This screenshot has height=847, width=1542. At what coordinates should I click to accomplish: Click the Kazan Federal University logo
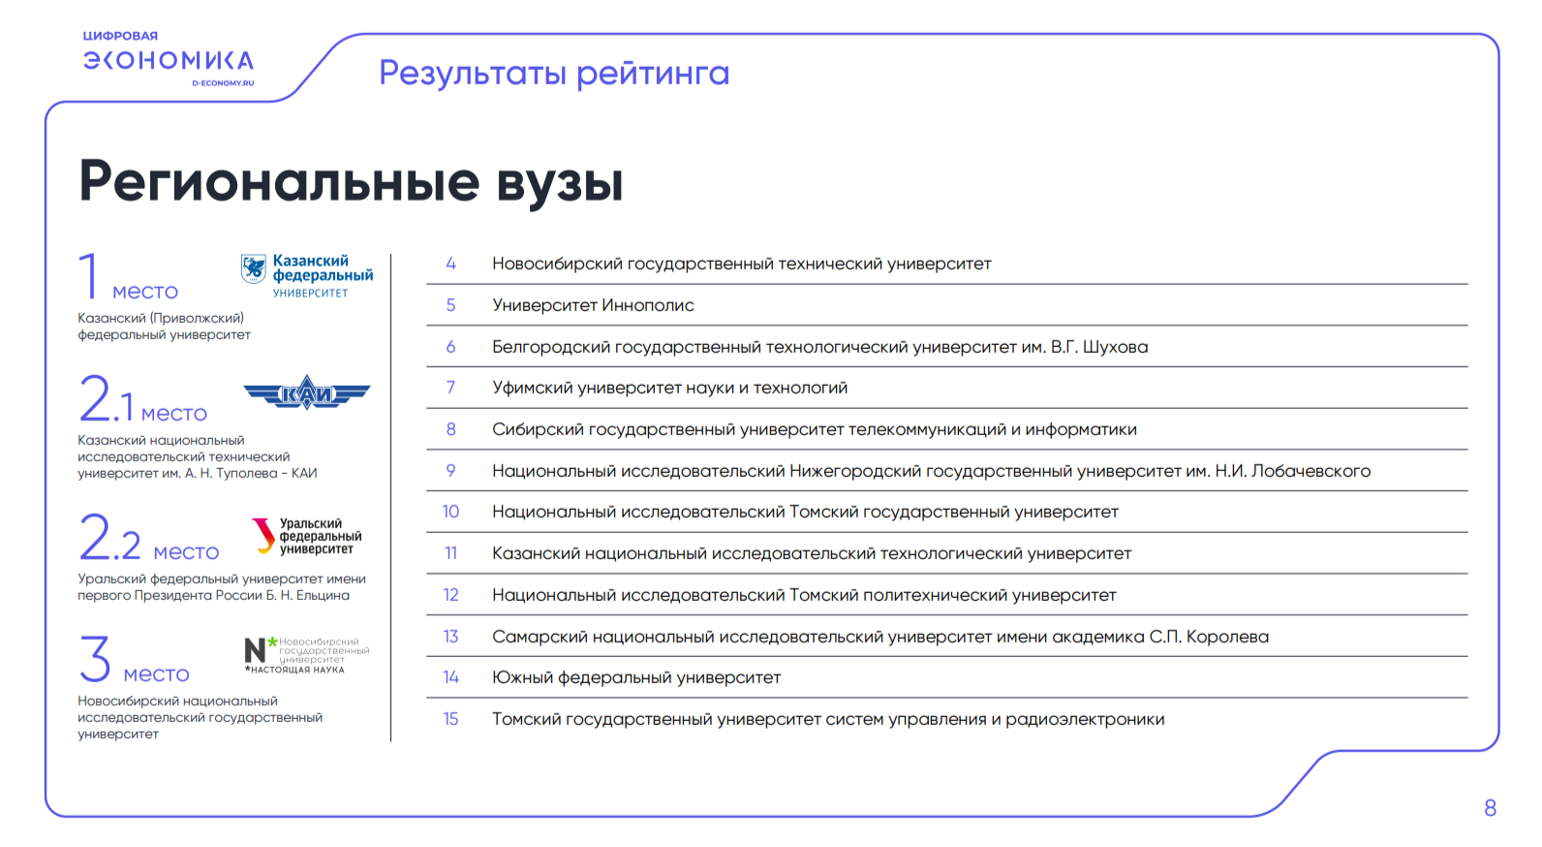[307, 275]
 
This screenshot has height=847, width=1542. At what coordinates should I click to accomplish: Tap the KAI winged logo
[307, 393]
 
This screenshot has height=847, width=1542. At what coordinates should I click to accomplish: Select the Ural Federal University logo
[306, 537]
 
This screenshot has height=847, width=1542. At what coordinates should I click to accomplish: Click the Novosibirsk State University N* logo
[307, 655]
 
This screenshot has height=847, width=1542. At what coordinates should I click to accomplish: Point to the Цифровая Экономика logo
[169, 58]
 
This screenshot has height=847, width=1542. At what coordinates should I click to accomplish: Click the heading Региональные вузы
[351, 182]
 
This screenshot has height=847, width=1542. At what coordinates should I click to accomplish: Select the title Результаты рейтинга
[554, 73]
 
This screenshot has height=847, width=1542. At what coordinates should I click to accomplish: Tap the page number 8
[1491, 807]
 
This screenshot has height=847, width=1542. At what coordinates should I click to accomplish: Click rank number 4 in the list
[451, 264]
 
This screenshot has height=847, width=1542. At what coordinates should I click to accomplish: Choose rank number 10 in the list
[451, 512]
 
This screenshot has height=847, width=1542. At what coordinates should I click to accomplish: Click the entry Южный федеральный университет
[636, 677]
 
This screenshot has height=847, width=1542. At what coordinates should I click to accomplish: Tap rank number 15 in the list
[451, 719]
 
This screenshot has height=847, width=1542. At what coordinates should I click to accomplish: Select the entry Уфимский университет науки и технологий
[670, 388]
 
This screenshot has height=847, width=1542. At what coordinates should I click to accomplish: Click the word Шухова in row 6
[1115, 347]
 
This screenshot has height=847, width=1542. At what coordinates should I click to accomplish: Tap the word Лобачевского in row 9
[1311, 471]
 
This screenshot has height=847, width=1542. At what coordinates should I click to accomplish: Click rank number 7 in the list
[451, 388]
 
